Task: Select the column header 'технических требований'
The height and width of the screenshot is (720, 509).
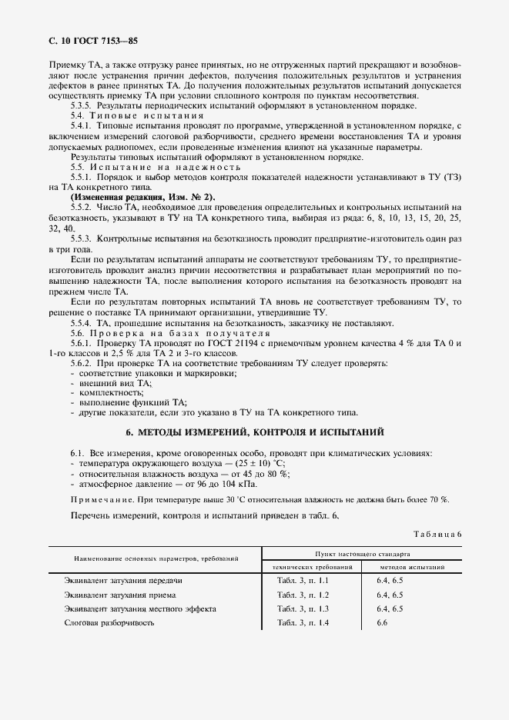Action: (x=313, y=566)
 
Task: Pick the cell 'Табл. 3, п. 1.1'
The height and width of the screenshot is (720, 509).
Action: (x=303, y=580)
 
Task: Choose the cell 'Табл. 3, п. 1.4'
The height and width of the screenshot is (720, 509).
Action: (x=303, y=622)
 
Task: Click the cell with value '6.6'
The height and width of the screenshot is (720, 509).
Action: (x=381, y=622)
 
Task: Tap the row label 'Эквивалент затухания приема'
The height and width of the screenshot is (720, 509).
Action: (x=120, y=595)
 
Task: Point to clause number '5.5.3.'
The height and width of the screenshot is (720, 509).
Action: (x=82, y=239)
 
